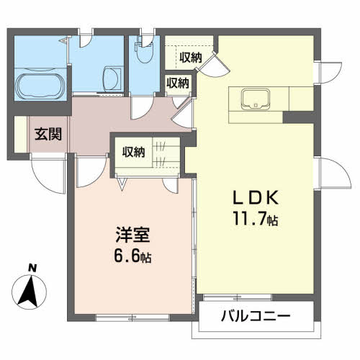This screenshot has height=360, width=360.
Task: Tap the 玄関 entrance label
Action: [x=46, y=135]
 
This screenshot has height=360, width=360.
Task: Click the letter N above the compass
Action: [x=32, y=269]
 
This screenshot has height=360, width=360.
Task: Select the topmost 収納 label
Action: [x=191, y=57]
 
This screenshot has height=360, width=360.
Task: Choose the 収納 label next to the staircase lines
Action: [x=133, y=152]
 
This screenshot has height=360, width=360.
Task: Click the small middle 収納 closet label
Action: [x=178, y=83]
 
